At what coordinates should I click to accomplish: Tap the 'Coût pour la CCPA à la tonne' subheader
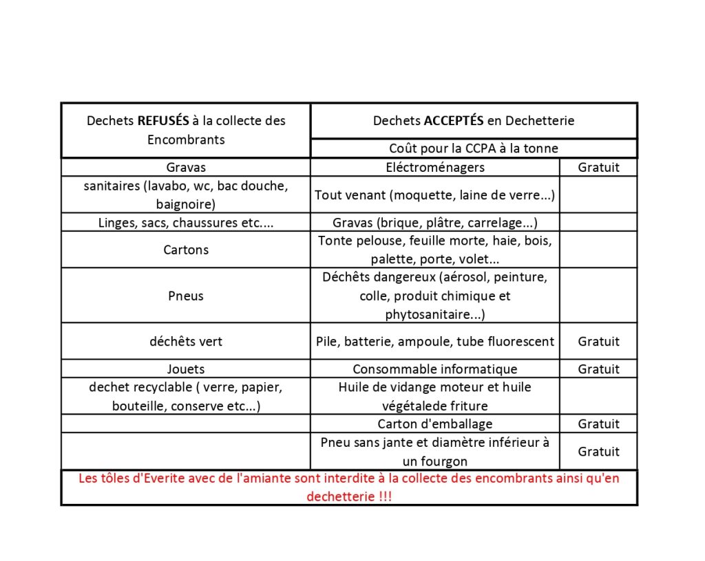coord(474,148)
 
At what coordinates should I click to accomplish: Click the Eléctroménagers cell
coord(435,167)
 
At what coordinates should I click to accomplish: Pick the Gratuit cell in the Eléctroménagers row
coord(598,167)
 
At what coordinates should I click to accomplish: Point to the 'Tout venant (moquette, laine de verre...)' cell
coord(435,195)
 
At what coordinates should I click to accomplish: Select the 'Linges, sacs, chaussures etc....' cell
coord(186,223)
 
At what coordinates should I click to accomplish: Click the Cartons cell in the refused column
coord(186,250)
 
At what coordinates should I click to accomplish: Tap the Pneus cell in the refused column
coord(186,296)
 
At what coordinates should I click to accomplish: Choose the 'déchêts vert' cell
coord(186,341)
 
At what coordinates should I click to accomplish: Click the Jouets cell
coord(186,369)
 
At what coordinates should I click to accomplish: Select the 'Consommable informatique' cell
coord(435,369)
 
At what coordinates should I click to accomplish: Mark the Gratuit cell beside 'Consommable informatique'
coord(598,369)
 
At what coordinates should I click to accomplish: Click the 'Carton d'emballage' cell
coord(435,424)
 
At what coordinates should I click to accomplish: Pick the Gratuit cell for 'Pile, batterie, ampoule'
coord(598,341)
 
